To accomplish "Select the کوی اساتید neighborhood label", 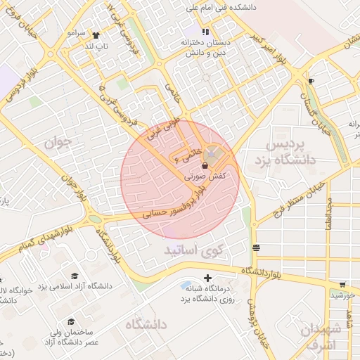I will coord(193,250).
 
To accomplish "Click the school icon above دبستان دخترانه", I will coord(205,32).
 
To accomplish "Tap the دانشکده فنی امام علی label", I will coord(214,9).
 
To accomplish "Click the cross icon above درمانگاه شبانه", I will coord(207,278).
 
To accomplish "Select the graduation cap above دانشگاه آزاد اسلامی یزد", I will coord(75,276).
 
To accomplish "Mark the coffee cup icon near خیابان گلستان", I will coord(311,82).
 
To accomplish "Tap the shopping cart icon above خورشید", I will coord(342,285).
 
